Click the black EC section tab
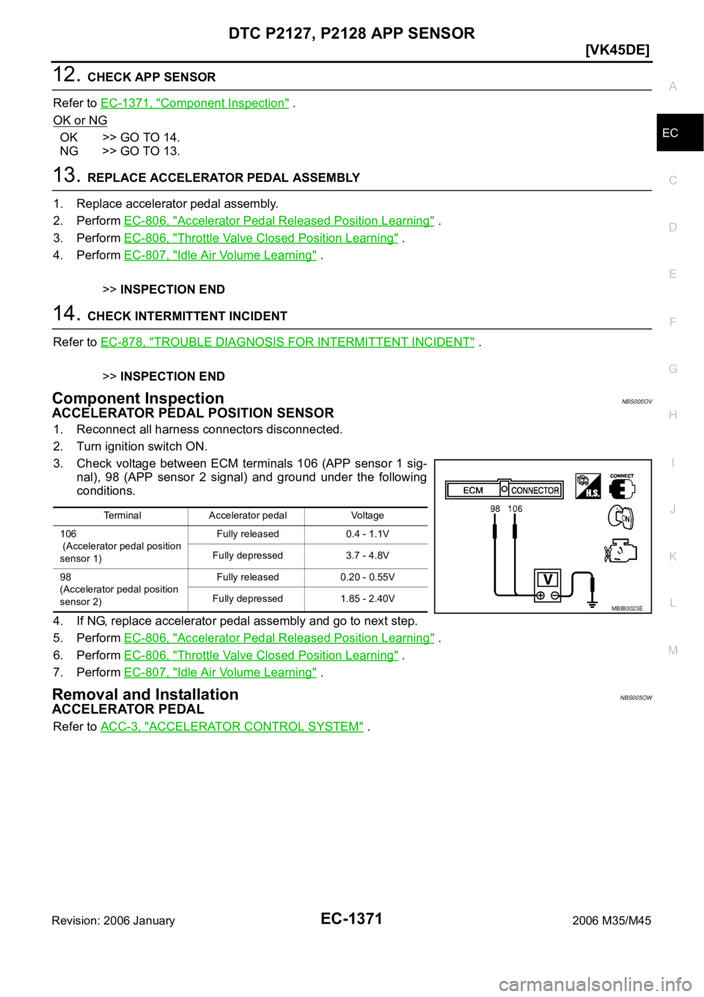click(680, 133)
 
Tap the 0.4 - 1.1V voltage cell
click(367, 534)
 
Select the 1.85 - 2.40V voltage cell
click(367, 598)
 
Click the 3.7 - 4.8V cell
click(367, 556)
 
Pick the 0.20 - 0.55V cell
click(367, 577)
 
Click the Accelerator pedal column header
click(248, 515)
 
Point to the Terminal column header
click(122, 515)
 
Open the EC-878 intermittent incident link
click(287, 342)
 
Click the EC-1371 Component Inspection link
click(194, 104)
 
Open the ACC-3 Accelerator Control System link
click(232, 726)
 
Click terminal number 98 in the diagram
click(495, 508)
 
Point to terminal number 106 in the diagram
click(515, 508)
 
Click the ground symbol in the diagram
click(592, 603)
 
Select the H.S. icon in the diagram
click(588, 486)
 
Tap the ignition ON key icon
click(621, 518)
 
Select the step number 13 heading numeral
click(66, 175)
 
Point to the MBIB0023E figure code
click(627, 609)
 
